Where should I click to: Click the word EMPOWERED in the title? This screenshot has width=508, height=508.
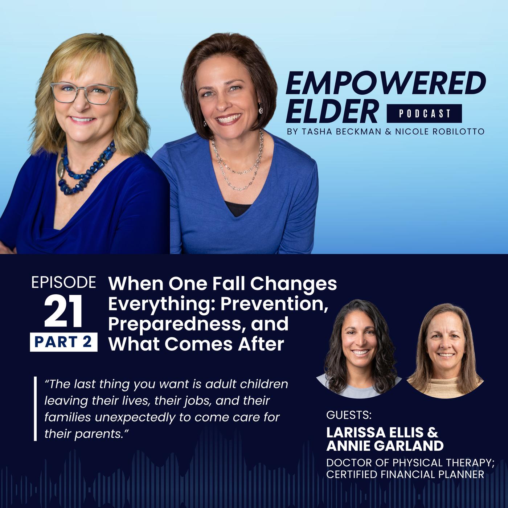[386, 83]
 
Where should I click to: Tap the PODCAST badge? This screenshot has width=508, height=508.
[424, 113]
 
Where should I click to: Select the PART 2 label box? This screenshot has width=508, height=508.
[64, 342]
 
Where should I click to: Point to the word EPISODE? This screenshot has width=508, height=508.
[64, 282]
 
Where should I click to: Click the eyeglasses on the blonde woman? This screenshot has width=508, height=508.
[84, 93]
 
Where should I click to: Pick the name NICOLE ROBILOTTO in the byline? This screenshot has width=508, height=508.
[440, 132]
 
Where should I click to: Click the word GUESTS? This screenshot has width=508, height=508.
[349, 415]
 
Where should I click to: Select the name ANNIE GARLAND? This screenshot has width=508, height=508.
[385, 446]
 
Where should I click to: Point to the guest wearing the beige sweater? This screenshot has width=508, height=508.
[445, 351]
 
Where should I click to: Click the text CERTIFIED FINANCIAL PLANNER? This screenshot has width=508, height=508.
[405, 475]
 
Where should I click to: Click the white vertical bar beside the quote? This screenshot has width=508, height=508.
[35, 409]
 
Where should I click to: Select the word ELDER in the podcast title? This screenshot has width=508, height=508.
[332, 111]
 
